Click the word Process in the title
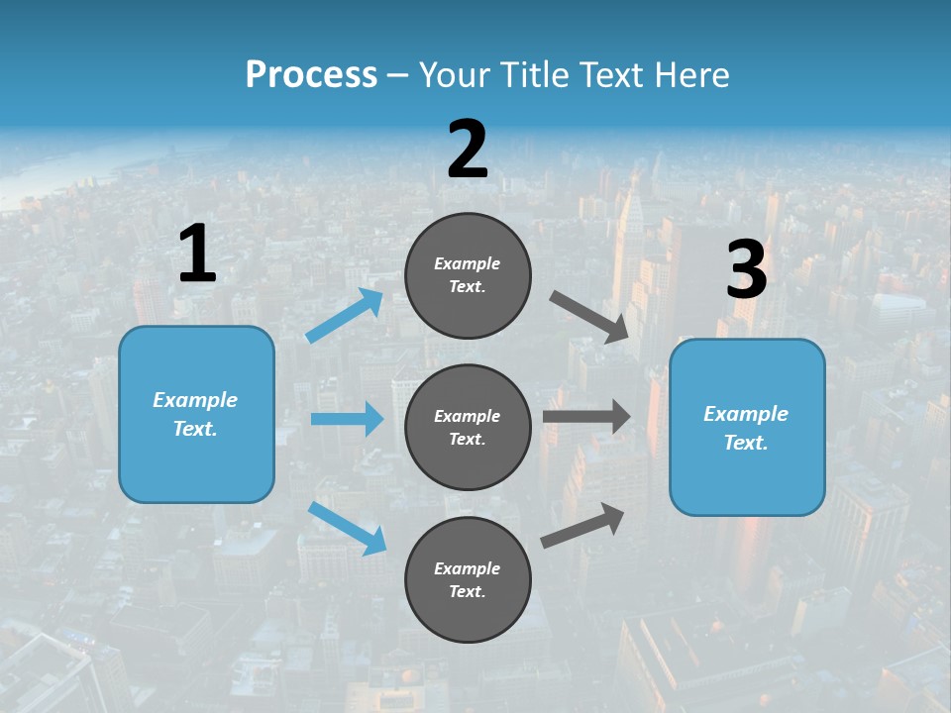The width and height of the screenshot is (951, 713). [311, 74]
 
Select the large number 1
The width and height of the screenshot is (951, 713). [197, 255]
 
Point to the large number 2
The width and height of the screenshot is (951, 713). [468, 150]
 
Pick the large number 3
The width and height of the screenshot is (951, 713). [747, 270]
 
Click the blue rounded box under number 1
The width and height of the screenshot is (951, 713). [196, 414]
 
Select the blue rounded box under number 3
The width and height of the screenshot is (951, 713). [747, 428]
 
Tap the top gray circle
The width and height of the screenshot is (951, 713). [468, 275]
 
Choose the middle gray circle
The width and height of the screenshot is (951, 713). [468, 428]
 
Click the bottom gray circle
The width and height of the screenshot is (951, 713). [468, 579]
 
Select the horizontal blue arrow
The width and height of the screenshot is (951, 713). [347, 419]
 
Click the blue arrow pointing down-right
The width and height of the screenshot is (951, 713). [348, 528]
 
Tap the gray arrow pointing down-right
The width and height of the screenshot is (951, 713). [589, 317]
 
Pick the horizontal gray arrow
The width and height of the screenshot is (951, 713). [586, 417]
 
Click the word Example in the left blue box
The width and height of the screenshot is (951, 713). [195, 400]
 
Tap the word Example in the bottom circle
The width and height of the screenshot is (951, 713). [467, 568]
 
